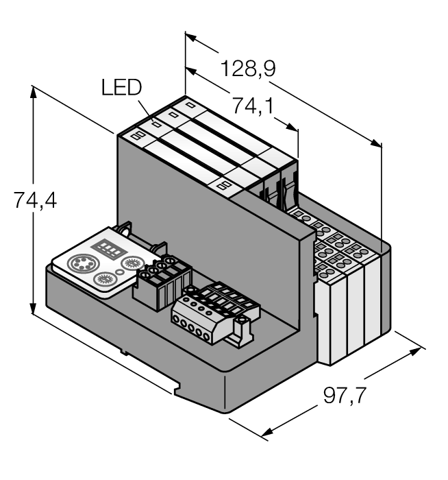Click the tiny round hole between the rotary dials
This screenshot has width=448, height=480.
coord(121,272)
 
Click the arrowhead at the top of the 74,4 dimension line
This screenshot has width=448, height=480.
coord(33,91)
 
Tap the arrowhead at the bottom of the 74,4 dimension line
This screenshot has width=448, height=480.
coord(33,308)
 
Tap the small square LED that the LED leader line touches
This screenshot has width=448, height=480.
coord(156,125)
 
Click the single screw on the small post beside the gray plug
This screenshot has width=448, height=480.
coord(240,321)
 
